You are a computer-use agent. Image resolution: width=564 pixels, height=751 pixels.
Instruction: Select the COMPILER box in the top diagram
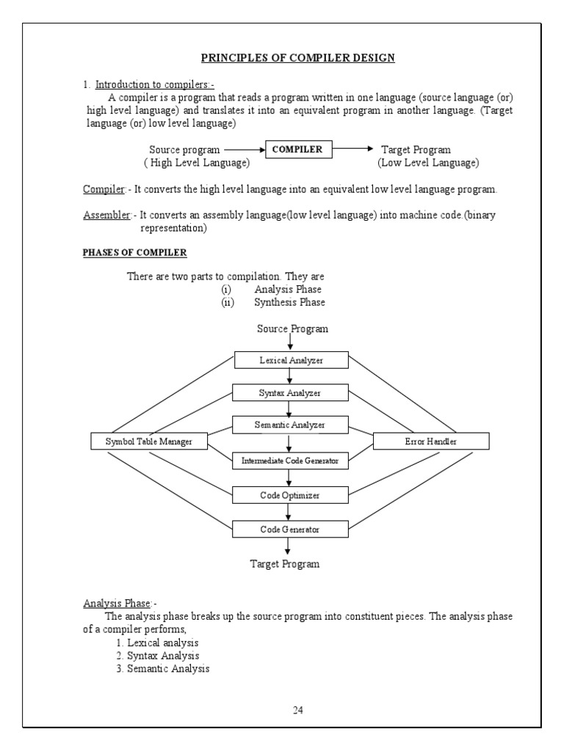pyautogui.click(x=297, y=150)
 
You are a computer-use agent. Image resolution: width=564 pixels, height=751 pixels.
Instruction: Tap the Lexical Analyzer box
pyautogui.click(x=291, y=360)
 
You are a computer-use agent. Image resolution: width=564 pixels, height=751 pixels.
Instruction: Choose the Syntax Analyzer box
pyautogui.click(x=291, y=393)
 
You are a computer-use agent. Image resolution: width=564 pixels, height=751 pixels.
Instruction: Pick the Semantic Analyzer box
pyautogui.click(x=291, y=425)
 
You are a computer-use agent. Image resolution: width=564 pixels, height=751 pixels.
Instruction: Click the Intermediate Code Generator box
pyautogui.click(x=291, y=461)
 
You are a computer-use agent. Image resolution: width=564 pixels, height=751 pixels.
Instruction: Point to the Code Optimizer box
pyautogui.click(x=291, y=495)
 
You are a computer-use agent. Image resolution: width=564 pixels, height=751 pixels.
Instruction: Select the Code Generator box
pyautogui.click(x=291, y=528)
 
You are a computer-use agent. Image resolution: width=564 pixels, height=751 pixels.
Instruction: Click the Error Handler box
pyautogui.click(x=431, y=442)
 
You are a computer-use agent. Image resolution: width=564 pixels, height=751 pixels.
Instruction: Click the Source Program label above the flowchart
pyautogui.click(x=292, y=329)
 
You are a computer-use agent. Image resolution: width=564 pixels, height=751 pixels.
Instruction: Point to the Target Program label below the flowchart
pyautogui.click(x=285, y=564)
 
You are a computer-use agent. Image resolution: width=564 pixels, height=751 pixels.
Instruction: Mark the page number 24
pyautogui.click(x=298, y=710)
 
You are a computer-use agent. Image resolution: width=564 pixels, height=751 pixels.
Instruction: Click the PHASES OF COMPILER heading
pyautogui.click(x=134, y=253)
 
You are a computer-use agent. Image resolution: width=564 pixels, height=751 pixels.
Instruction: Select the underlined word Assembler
pyautogui.click(x=106, y=215)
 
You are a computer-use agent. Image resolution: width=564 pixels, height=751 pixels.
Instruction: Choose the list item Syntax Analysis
pyautogui.click(x=157, y=656)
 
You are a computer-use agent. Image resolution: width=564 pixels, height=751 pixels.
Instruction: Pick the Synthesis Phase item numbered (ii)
pyautogui.click(x=289, y=302)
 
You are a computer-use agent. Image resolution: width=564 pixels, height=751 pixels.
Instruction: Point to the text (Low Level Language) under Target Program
pyautogui.click(x=428, y=162)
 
